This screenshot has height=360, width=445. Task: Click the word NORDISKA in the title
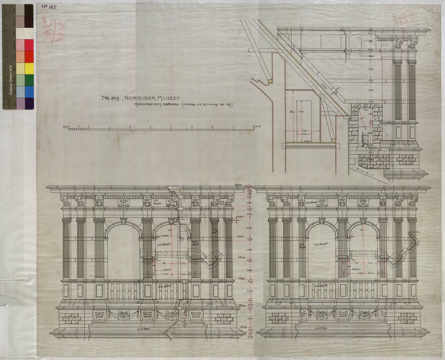(x=138, y=98)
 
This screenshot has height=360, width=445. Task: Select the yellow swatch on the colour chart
(x=29, y=68)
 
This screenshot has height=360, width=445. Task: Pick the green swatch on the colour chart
(x=29, y=80)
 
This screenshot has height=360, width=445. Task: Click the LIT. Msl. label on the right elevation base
(x=321, y=328)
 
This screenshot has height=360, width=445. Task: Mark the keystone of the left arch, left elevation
(x=123, y=221)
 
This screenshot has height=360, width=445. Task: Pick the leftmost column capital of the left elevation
(x=67, y=220)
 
